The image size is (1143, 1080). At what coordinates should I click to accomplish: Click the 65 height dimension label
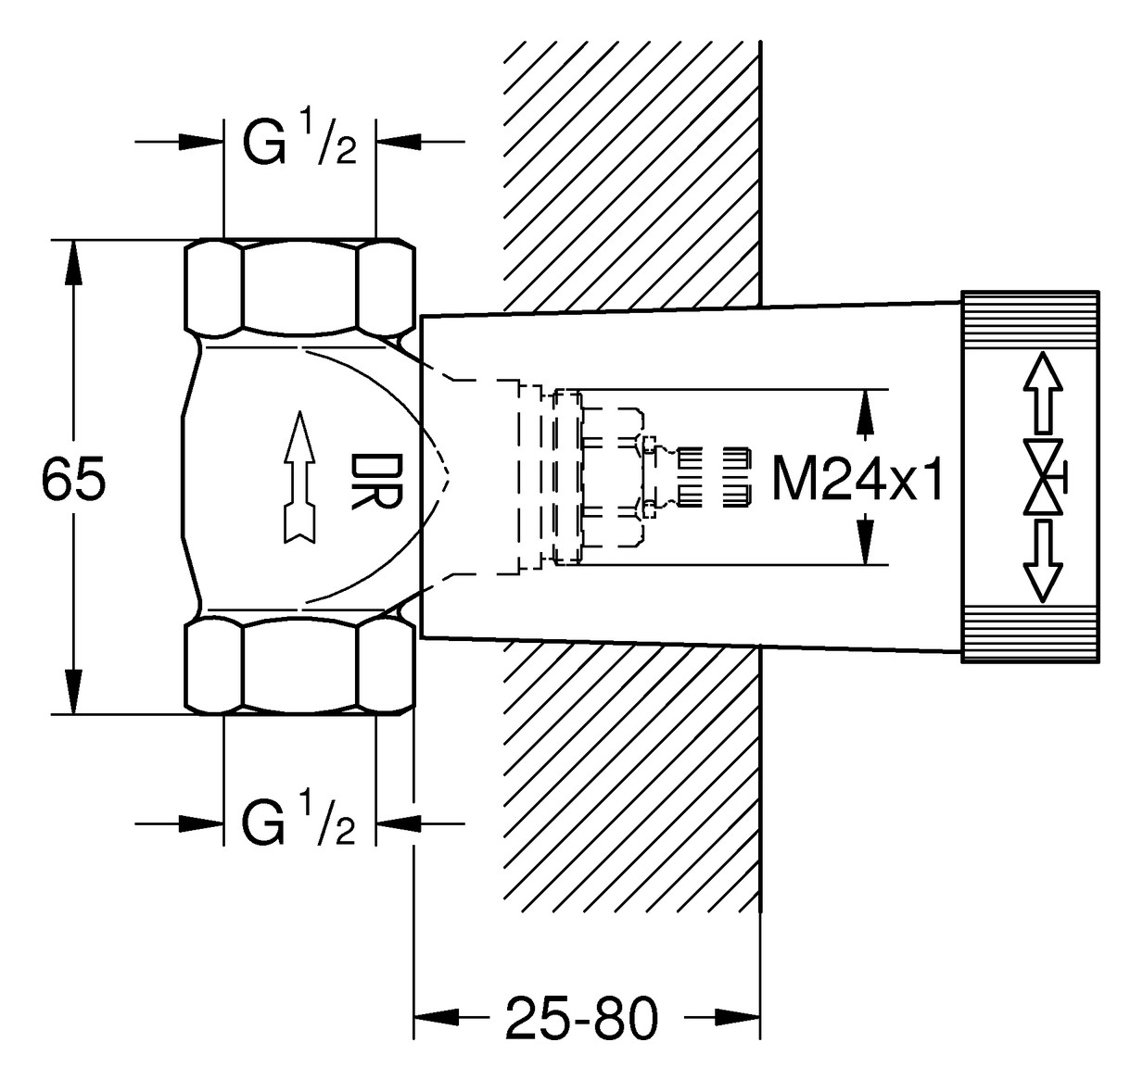(74, 478)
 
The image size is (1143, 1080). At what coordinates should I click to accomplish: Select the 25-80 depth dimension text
(581, 1018)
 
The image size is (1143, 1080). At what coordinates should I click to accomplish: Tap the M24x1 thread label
(857, 478)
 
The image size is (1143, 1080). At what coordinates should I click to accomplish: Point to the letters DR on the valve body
(376, 482)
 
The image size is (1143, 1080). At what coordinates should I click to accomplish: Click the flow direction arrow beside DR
(300, 477)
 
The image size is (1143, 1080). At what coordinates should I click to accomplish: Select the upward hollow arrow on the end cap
(1044, 392)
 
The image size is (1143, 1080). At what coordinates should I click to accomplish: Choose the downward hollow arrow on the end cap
(1044, 561)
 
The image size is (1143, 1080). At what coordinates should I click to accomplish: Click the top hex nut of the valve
(300, 287)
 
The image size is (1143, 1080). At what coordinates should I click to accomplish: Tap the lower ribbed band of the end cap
(1030, 634)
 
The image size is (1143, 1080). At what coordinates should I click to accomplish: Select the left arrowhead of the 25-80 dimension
(436, 1017)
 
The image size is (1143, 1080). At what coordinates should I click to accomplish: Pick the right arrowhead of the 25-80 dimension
(738, 1017)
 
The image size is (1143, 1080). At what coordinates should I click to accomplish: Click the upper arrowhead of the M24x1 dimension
(866, 412)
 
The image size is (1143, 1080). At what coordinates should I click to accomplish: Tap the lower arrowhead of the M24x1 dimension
(866, 542)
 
